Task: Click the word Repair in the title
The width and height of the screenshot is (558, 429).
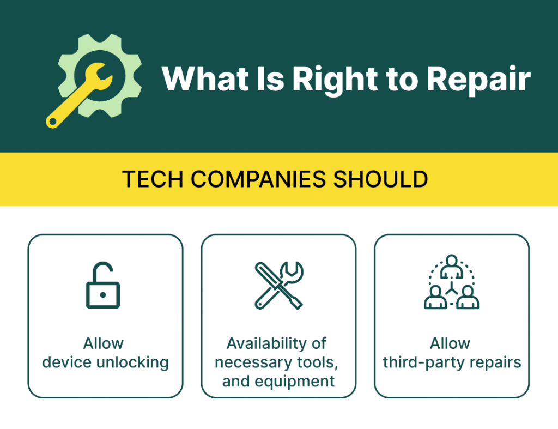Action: (x=478, y=81)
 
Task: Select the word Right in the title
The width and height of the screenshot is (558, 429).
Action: (x=335, y=81)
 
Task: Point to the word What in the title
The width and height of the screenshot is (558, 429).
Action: (x=205, y=79)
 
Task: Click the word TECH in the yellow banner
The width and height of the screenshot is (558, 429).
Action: (x=153, y=179)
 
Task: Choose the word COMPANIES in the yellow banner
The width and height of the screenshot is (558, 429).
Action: (x=258, y=179)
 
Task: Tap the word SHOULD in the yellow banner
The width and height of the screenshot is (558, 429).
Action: (x=380, y=179)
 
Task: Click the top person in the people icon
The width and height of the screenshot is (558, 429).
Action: (x=452, y=267)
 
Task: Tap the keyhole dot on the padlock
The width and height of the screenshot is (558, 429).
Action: (x=103, y=295)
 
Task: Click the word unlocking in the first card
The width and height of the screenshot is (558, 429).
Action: (x=132, y=363)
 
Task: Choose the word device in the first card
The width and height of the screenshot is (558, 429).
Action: (x=67, y=362)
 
